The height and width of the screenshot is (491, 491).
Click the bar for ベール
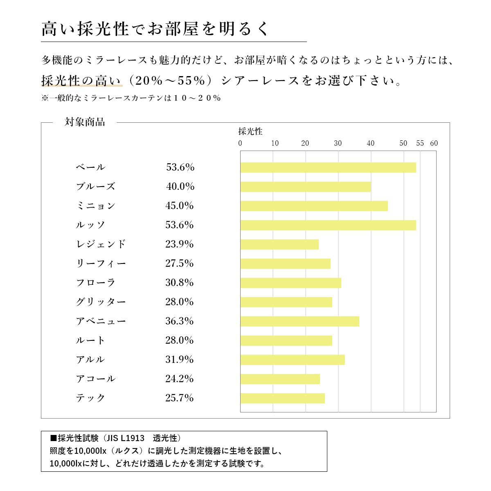(x=328, y=167)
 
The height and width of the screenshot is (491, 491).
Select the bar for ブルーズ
(x=305, y=187)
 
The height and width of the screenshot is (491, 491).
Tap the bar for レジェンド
(x=279, y=244)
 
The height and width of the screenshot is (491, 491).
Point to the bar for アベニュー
(x=300, y=321)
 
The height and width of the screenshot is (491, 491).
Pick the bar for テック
(x=282, y=398)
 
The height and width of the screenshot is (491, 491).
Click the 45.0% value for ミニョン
(x=179, y=205)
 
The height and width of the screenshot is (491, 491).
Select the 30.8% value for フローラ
(x=179, y=282)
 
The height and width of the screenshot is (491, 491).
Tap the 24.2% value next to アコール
(x=179, y=378)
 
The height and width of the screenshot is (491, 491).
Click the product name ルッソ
(x=90, y=225)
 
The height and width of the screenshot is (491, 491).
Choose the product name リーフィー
(x=101, y=264)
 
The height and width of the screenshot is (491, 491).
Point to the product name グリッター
(x=101, y=302)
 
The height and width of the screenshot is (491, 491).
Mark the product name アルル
(x=90, y=359)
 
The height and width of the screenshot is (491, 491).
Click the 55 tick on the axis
(x=420, y=143)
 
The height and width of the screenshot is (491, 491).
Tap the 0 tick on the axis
(x=240, y=143)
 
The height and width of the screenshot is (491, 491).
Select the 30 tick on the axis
(x=338, y=143)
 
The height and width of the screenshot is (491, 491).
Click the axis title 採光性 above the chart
(x=250, y=131)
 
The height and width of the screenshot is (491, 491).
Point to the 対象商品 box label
(x=85, y=122)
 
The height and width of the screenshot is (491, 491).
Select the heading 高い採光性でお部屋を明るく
(x=155, y=29)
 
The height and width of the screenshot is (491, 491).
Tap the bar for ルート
(x=286, y=340)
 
